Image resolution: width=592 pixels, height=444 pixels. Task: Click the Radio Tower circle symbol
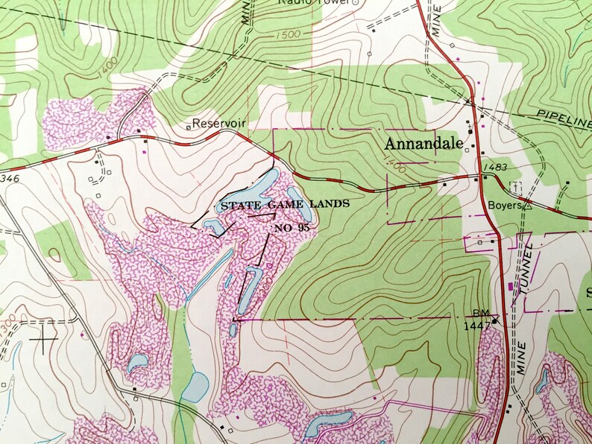pyautogui.click(x=355, y=3)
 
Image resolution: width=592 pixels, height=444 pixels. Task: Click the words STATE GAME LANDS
pyautogui.click(x=283, y=203)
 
